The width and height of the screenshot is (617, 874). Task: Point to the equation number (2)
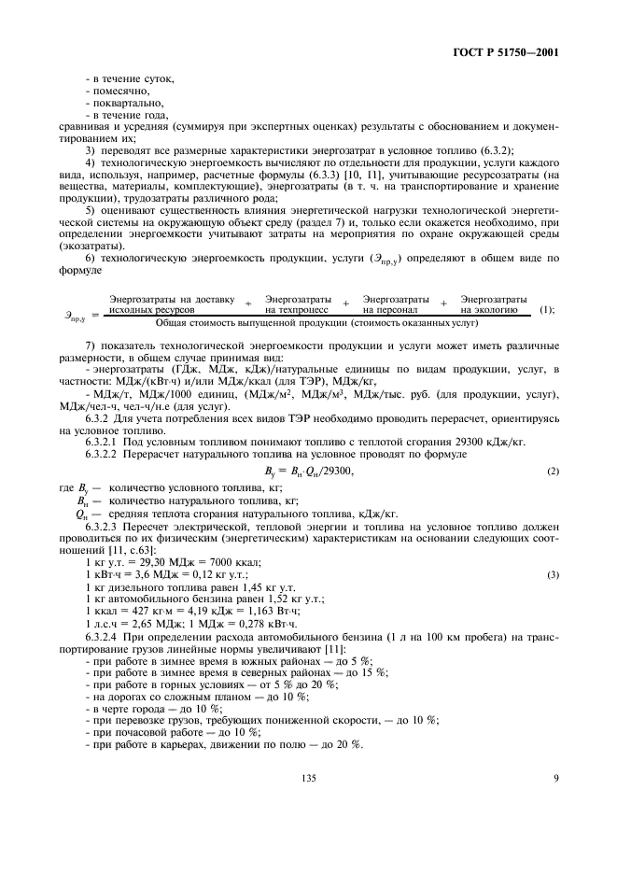(x=553, y=471)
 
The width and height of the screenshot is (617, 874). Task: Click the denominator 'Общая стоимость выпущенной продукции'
(x=316, y=322)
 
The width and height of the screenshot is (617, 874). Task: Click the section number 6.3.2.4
(x=107, y=636)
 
